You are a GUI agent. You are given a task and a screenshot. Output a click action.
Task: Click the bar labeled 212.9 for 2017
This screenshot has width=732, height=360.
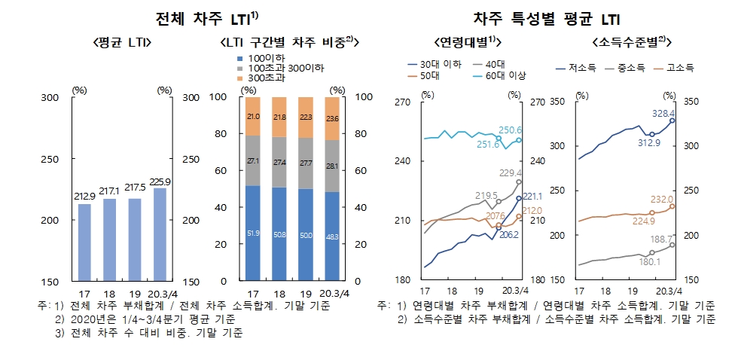pyautogui.click(x=84, y=242)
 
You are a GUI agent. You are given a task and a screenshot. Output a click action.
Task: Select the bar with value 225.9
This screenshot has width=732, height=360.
pyautogui.click(x=159, y=234)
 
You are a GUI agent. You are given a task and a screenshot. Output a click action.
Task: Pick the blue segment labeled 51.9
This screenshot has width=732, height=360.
pyautogui.click(x=253, y=233)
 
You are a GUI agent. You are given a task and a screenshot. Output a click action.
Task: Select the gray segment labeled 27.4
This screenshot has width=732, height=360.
pyautogui.click(x=279, y=162)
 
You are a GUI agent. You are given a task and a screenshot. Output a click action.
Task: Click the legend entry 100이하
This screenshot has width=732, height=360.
pyautogui.click(x=261, y=58)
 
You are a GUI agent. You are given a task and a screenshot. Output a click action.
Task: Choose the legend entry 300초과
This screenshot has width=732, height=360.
pyautogui.click(x=261, y=78)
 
